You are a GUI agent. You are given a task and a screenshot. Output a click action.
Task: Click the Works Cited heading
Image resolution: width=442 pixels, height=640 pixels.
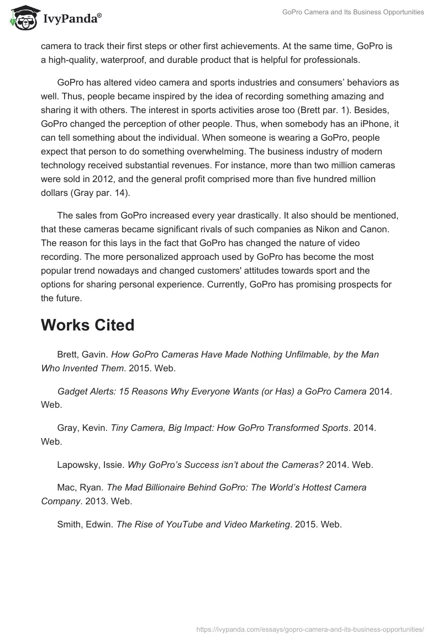tap(87, 325)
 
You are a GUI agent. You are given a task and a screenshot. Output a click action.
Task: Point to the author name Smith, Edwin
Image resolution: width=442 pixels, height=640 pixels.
tap(85, 524)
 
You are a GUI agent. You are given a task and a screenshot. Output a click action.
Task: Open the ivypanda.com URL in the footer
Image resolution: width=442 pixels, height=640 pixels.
tap(311, 628)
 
